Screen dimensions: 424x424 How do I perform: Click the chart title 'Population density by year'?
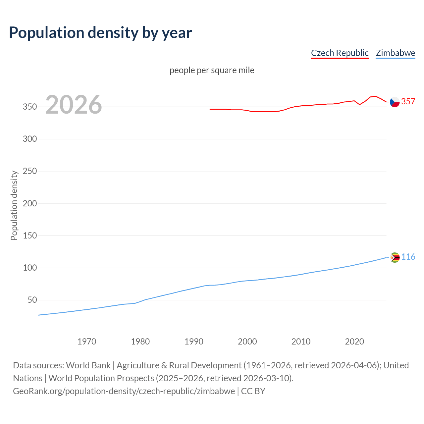(100, 32)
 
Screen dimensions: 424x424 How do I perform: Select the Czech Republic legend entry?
(340, 53)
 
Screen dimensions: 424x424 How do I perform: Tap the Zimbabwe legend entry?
(395, 53)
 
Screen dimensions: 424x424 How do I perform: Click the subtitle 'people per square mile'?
(212, 70)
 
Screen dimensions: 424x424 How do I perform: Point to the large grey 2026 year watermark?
(74, 105)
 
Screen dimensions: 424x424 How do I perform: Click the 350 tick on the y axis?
(30, 107)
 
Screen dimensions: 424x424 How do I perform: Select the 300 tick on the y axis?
(30, 139)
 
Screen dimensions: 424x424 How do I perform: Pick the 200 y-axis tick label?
(30, 203)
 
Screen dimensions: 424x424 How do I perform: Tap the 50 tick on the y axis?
(32, 300)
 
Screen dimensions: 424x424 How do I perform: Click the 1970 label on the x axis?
(87, 341)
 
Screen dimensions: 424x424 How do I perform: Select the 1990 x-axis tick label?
(194, 341)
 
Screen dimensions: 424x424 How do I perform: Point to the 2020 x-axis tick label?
(354, 341)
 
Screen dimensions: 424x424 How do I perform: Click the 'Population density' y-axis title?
(14, 205)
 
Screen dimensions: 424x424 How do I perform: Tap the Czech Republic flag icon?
(395, 102)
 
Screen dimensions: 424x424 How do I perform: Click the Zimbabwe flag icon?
(395, 257)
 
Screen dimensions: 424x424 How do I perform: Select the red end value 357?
(408, 101)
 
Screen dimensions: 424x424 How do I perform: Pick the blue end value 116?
(408, 257)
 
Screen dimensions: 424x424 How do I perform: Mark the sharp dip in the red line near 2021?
(360, 105)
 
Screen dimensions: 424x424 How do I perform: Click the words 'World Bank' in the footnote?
(88, 365)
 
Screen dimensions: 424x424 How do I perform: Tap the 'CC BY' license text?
(253, 391)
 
